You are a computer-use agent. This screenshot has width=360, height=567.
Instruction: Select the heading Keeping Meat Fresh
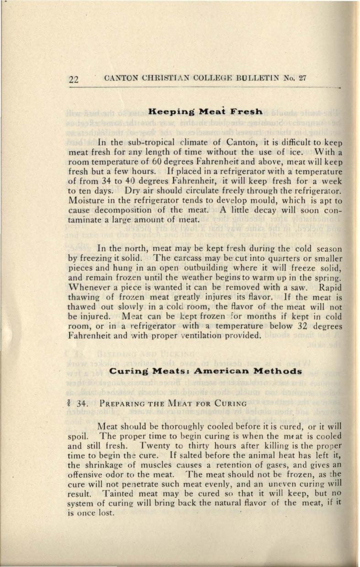[205, 111]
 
